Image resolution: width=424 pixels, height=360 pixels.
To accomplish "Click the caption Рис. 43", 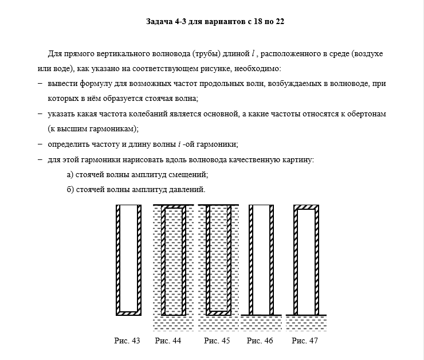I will [x=127, y=341].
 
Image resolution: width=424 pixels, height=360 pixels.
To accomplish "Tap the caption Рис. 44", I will [x=168, y=341].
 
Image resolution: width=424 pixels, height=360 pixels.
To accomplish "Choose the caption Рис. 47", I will [x=304, y=341].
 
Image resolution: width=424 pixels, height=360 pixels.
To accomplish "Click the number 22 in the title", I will [x=280, y=22].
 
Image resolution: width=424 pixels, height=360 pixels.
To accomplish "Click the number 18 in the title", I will [x=250, y=22].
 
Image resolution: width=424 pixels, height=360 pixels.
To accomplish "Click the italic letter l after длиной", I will [x=253, y=54].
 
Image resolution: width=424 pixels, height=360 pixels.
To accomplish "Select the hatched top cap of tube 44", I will [x=174, y=207].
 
